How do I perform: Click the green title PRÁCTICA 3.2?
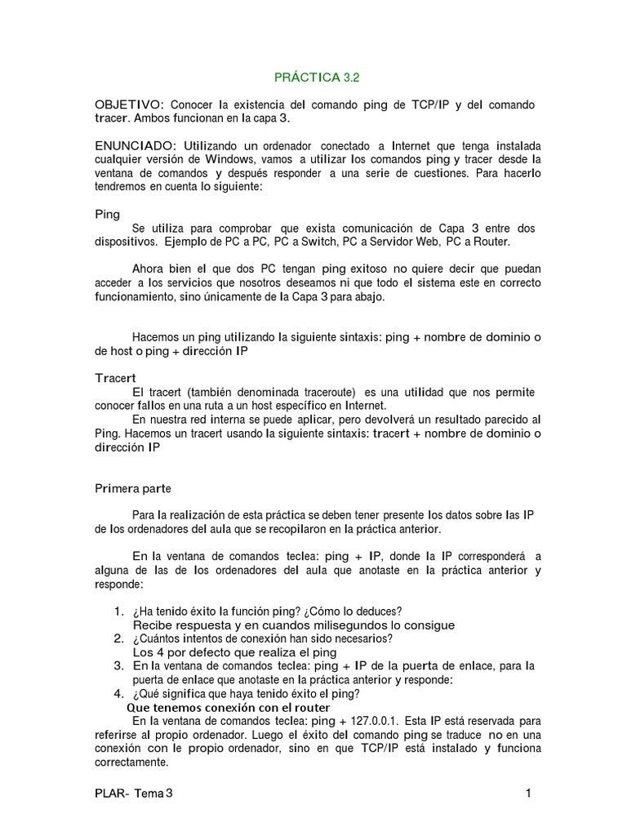pyautogui.click(x=317, y=78)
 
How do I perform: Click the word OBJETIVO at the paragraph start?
pyautogui.click(x=130, y=105)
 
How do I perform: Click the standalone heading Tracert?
pyautogui.click(x=115, y=379)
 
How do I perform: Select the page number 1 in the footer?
pyautogui.click(x=529, y=793)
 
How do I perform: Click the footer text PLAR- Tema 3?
pyautogui.click(x=135, y=793)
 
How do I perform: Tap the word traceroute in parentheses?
pyautogui.click(x=331, y=393)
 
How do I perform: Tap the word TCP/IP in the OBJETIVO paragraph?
pyautogui.click(x=429, y=105)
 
